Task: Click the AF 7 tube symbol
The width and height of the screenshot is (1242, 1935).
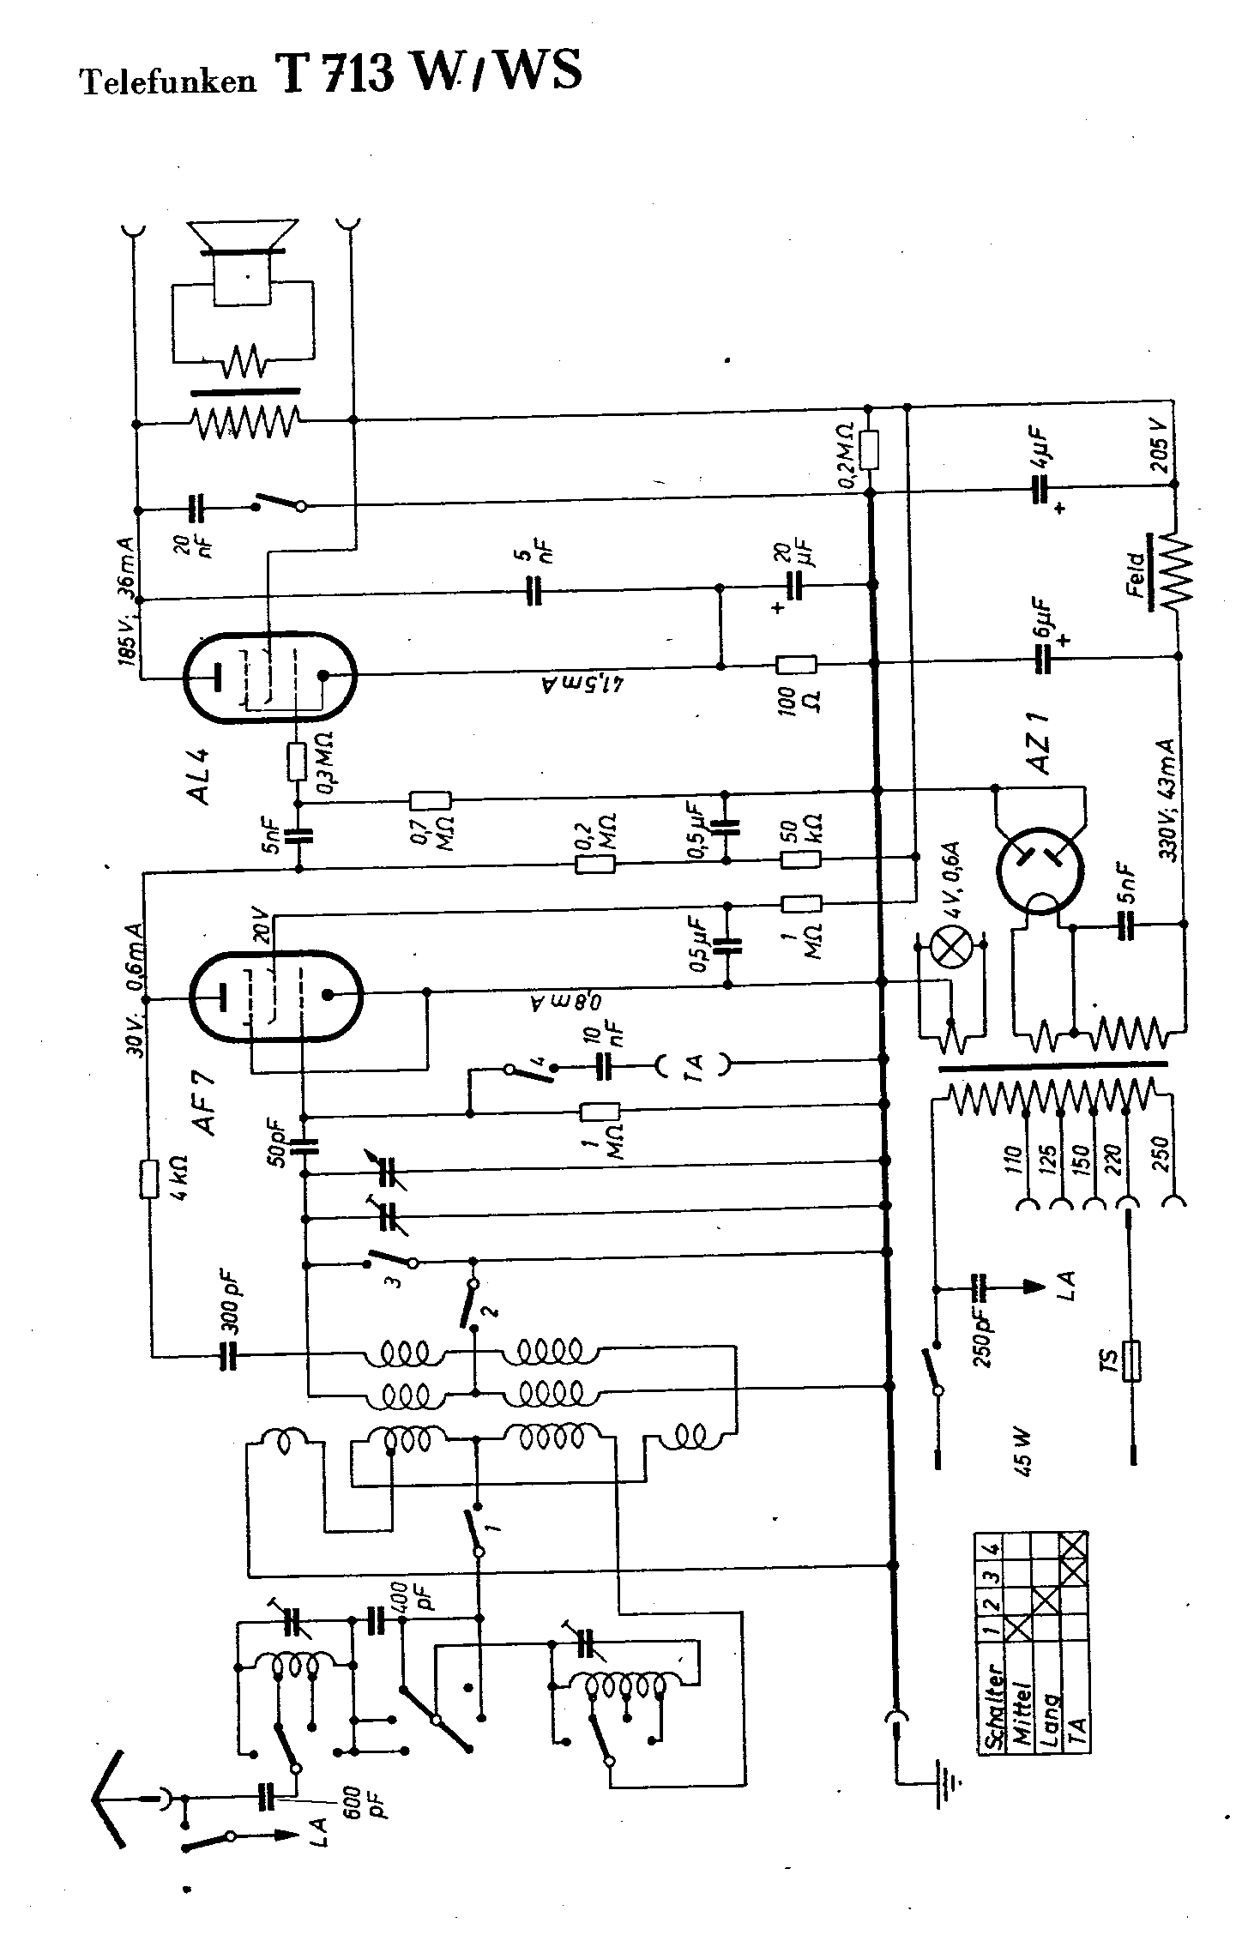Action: click(x=275, y=996)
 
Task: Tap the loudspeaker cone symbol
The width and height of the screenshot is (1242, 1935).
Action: click(x=244, y=238)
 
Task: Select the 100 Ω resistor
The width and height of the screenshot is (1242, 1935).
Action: click(x=796, y=665)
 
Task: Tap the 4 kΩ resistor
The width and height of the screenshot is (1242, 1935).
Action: click(x=150, y=1179)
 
